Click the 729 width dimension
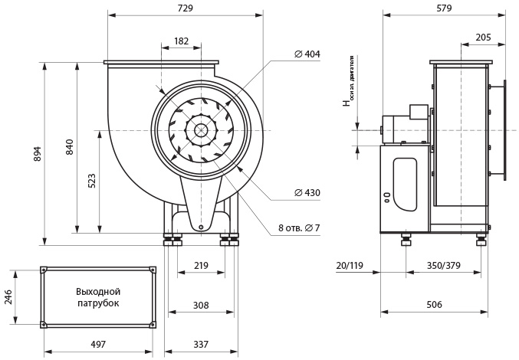(184, 8)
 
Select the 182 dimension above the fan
(181, 41)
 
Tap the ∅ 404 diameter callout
(307, 54)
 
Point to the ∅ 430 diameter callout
(307, 193)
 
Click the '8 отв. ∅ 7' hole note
(299, 227)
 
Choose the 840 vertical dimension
(70, 147)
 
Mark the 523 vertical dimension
(92, 181)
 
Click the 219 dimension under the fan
(201, 265)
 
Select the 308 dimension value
(201, 305)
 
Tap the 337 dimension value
(201, 345)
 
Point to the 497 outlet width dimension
(98, 345)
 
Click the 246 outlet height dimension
(9, 296)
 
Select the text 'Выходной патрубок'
(98, 297)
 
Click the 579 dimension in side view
(444, 8)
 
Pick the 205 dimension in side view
(483, 38)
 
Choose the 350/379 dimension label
(443, 265)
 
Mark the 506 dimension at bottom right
(434, 305)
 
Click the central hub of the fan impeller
(201, 130)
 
